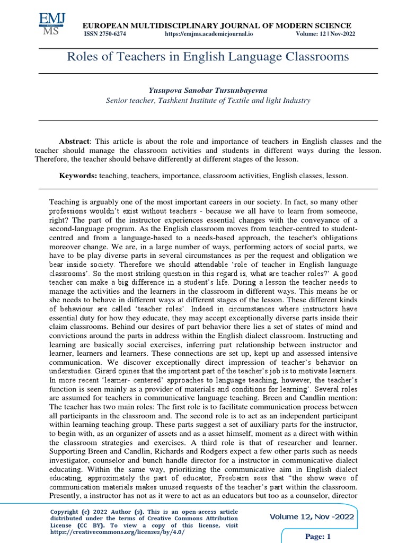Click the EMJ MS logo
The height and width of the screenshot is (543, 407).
[52, 24]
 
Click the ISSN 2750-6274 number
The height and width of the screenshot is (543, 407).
[105, 34]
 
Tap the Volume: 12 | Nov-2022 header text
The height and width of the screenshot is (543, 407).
[325, 34]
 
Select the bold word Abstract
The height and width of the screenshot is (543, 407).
[75, 142]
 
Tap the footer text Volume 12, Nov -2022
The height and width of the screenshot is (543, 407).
[312, 517]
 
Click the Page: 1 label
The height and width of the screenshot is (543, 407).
[318, 537]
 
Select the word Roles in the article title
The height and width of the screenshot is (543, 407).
[81, 57]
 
